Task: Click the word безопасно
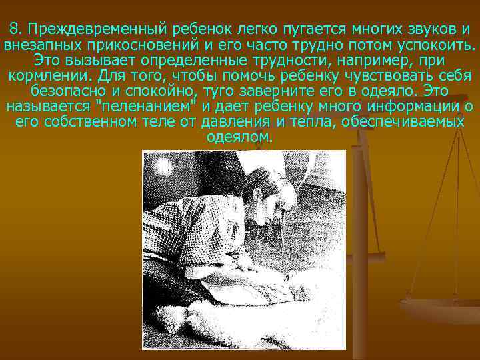coord(67,91)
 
